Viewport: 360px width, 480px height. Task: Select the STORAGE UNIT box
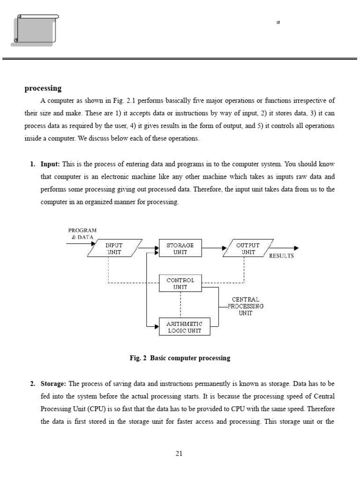point(180,248)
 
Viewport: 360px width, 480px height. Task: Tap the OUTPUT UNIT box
point(247,248)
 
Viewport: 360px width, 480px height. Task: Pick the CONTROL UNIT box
point(180,283)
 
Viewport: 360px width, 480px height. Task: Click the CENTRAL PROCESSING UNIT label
point(246,306)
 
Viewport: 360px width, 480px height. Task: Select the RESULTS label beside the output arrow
point(281,256)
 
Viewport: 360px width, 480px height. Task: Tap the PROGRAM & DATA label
point(82,233)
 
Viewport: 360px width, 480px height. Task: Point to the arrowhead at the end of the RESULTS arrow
point(296,248)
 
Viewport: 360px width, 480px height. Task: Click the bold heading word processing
point(43,88)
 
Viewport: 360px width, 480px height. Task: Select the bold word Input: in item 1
point(50,164)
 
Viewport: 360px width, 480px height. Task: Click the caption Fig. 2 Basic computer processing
point(180,358)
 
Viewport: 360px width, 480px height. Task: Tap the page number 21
point(179,453)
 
